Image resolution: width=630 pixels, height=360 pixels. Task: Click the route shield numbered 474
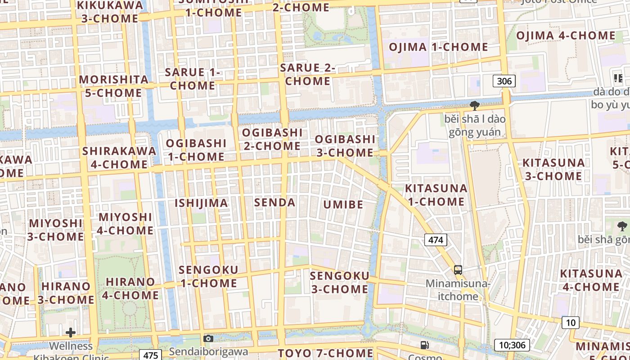436,240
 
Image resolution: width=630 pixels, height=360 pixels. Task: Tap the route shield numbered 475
150,355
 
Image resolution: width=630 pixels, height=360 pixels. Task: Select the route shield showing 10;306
512,345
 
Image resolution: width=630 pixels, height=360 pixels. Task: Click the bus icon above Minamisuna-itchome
458,270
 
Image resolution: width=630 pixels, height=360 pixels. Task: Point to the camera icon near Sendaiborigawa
208,338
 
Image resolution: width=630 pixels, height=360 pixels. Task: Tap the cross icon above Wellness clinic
71,333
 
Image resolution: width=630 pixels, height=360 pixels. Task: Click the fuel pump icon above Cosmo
424,345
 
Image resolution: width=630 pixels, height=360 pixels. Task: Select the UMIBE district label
343,205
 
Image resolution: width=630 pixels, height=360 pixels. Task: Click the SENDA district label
275,202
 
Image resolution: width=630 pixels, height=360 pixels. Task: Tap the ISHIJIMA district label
201,203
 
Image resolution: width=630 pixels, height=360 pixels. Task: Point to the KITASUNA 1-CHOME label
436,195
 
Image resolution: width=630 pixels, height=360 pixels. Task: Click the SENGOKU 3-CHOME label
340,282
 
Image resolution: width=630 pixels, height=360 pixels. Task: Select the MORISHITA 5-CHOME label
113,86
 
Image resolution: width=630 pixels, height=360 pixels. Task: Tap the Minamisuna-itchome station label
458,290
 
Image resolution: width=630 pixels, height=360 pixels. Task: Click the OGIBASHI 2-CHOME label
271,139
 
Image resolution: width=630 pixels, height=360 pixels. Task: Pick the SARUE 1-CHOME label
193,78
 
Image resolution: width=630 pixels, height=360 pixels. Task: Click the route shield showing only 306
504,81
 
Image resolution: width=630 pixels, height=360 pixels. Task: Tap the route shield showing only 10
571,322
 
